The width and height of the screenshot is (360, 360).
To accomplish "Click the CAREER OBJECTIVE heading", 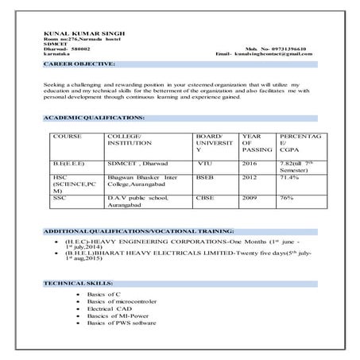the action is (79, 62).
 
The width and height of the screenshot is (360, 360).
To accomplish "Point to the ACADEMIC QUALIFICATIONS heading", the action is (94, 118).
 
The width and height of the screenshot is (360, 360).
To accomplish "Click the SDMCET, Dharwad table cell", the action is (134, 161).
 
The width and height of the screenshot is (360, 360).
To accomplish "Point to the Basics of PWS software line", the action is (122, 323).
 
